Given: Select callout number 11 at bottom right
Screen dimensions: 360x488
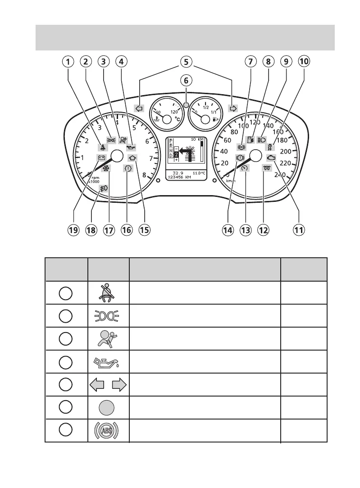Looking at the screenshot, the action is [298, 230].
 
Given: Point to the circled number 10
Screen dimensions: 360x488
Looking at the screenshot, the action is [304, 61].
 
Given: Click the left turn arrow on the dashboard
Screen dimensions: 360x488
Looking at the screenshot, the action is [139, 109].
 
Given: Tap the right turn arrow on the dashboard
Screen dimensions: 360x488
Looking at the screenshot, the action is [233, 109].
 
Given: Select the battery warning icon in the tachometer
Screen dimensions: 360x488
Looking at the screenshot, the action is [102, 158].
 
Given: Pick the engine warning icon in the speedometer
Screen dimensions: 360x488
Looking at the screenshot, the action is [271, 158].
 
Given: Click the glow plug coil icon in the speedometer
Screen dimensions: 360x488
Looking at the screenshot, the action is [265, 168].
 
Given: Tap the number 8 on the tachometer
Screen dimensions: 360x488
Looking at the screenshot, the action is [144, 176].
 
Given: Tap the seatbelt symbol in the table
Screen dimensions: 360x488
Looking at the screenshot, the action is [108, 292].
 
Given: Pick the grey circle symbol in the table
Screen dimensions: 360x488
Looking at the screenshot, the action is [108, 408].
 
